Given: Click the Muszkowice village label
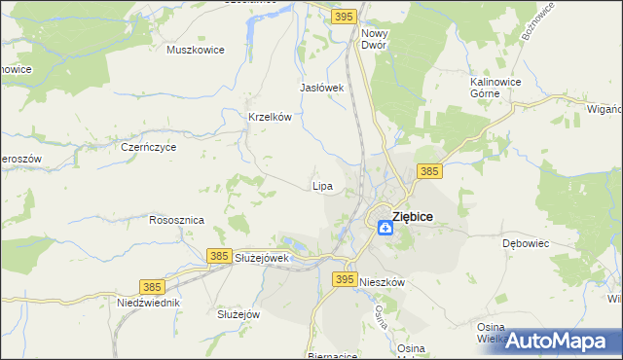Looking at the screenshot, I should click(x=196, y=50).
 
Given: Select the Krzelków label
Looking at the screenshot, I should click(x=271, y=117).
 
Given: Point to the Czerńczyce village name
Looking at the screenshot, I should click(x=148, y=148).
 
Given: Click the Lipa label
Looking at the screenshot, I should click(x=322, y=185).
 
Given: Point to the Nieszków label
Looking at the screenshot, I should click(x=381, y=281).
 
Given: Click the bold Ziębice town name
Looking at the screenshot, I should click(x=413, y=217).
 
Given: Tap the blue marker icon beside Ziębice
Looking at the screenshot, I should click(x=385, y=227).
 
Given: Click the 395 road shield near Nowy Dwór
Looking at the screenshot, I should click(x=342, y=17).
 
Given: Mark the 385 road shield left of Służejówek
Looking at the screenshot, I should click(x=219, y=255).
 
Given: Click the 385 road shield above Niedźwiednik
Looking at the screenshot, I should click(x=151, y=287).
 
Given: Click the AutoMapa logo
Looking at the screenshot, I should click(x=554, y=341).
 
